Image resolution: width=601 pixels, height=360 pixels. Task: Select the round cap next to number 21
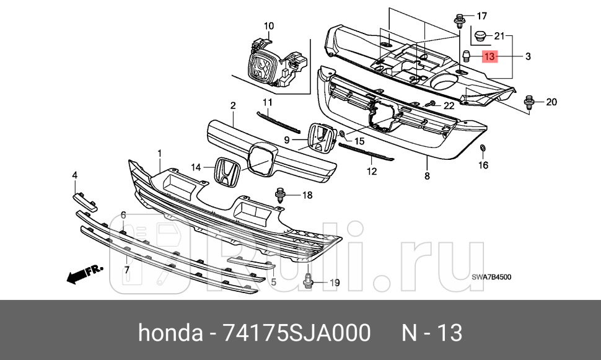(479, 35)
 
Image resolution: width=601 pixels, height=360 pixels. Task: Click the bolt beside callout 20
(529, 103)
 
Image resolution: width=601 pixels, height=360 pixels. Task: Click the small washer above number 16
(483, 149)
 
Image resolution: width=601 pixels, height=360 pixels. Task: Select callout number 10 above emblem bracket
(268, 26)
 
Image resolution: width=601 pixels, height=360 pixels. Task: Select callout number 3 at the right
(528, 57)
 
